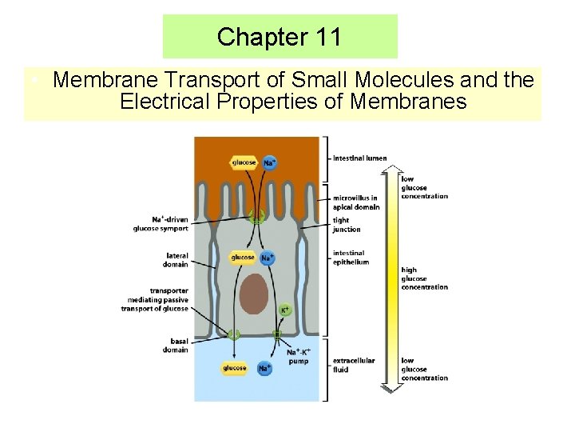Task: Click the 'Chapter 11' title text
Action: [x=279, y=37]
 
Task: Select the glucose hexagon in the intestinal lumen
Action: [x=244, y=162]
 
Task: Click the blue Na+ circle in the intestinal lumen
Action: [x=269, y=162]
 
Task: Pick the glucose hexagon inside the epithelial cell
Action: [x=243, y=258]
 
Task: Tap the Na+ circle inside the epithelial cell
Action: [x=267, y=258]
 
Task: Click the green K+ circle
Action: [x=284, y=310]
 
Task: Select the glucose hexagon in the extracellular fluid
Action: [x=234, y=368]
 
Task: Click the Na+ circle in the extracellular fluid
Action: [x=264, y=368]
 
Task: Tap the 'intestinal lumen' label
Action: [x=359, y=158]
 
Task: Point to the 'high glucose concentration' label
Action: [x=424, y=278]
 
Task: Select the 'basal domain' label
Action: [x=176, y=346]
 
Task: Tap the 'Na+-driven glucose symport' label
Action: [x=161, y=224]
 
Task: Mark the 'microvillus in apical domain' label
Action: [x=356, y=202]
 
